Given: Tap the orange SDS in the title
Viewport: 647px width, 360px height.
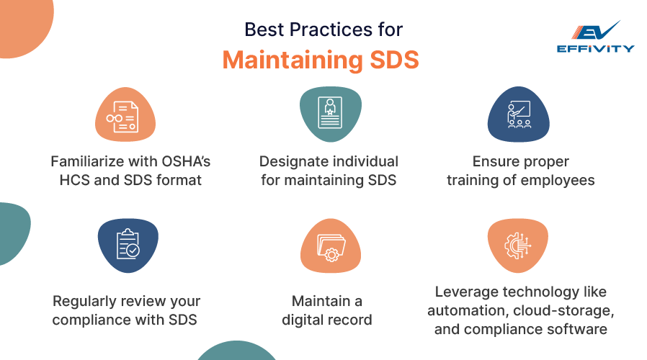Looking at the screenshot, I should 389,60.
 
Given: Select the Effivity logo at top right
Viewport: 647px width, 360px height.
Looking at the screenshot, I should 595,36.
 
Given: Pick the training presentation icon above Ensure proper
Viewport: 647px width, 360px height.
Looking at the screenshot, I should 519,115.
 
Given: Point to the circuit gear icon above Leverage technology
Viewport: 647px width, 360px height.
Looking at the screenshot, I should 518,246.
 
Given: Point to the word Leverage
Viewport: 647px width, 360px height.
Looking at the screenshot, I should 465,292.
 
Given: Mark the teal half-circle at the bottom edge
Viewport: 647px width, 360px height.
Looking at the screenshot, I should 236,351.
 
